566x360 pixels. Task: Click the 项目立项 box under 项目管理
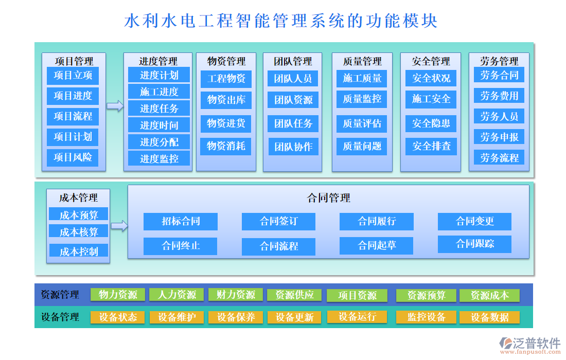[x=73, y=76]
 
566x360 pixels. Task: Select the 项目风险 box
[x=73, y=157]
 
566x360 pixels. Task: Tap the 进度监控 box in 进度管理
[x=159, y=158]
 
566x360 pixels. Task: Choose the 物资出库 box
[x=226, y=100]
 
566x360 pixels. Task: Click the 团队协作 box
[x=293, y=147]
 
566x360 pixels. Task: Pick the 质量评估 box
[x=362, y=123]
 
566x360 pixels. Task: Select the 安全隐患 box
[x=431, y=123]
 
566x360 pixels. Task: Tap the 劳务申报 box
[x=499, y=137]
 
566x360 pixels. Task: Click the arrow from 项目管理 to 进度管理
[x=115, y=106]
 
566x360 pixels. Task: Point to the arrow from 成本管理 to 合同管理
[x=119, y=225]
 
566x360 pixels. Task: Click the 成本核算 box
[x=79, y=232]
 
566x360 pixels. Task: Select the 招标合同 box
[x=181, y=222]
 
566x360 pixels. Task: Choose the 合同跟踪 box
[x=474, y=244]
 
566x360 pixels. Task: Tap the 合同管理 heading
[x=328, y=198]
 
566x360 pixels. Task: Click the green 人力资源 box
[x=177, y=295]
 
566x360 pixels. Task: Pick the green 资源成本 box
[x=489, y=295]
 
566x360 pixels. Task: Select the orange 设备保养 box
[x=236, y=317]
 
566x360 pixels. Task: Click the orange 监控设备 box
[x=426, y=317]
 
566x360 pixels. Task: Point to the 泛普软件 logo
[x=530, y=345]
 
